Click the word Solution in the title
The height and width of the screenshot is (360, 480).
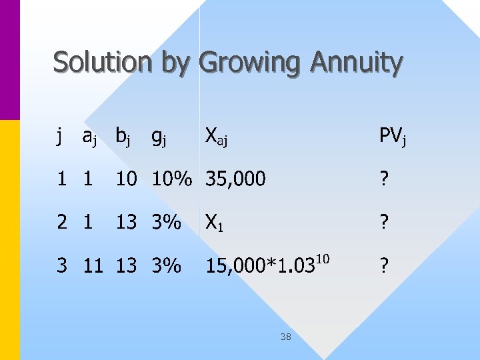tap(103, 63)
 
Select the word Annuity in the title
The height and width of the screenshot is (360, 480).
tap(356, 63)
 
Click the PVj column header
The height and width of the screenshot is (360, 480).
tap(392, 137)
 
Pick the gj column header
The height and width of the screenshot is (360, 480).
tap(159, 137)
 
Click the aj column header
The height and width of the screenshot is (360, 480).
tap(91, 137)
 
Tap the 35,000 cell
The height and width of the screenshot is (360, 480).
tap(235, 179)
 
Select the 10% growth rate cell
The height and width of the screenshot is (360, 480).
tap(172, 179)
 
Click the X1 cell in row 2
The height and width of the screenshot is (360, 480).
tap(213, 222)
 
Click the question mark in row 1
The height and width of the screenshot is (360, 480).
tap(383, 179)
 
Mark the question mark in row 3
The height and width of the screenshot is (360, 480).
tap(383, 265)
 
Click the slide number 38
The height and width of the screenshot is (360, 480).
tap(285, 337)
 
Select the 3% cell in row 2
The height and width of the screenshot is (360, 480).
tap(167, 222)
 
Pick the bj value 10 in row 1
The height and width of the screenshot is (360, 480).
tap(126, 179)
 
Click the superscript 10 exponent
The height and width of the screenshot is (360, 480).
tap(322, 257)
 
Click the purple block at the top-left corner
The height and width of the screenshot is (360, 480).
tap(10, 59)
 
